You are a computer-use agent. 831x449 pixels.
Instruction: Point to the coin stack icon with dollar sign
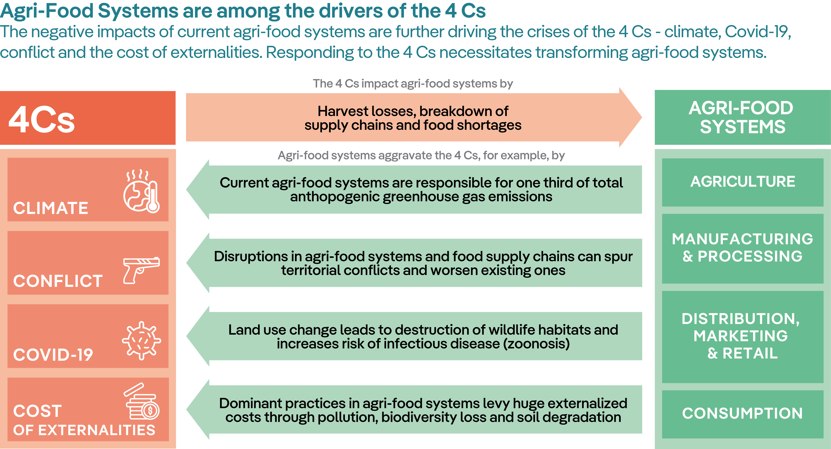pyautogui.click(x=142, y=403)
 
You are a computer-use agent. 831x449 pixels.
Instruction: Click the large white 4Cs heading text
pyautogui.click(x=42, y=119)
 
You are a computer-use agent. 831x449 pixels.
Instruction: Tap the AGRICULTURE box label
pyautogui.click(x=743, y=182)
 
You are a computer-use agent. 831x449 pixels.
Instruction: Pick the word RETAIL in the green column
pyautogui.click(x=750, y=353)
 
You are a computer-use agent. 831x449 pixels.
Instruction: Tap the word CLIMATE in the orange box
pyautogui.click(x=51, y=208)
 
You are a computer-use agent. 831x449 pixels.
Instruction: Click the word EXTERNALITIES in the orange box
pyautogui.click(x=97, y=430)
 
